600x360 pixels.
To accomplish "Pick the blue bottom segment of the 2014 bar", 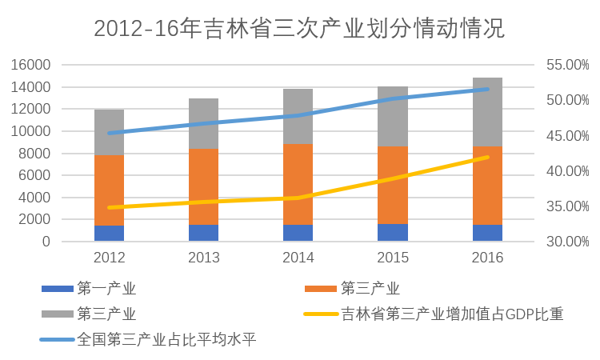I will coord(298,233).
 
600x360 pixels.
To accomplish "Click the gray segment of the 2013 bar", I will coord(203,123).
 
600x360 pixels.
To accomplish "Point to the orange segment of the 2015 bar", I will coord(393,185).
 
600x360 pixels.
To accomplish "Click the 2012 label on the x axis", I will coord(109,258).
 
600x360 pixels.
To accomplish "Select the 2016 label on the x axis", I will coord(487,258).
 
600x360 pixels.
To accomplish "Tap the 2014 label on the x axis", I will coord(298,258).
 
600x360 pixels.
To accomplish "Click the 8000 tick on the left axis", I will coord(37,154).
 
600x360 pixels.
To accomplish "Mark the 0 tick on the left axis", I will coord(46,242).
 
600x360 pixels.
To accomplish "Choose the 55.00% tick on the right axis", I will coord(566,65).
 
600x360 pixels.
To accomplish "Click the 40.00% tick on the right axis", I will coord(566,171).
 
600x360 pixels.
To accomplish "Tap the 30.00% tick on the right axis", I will coord(566,242).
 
